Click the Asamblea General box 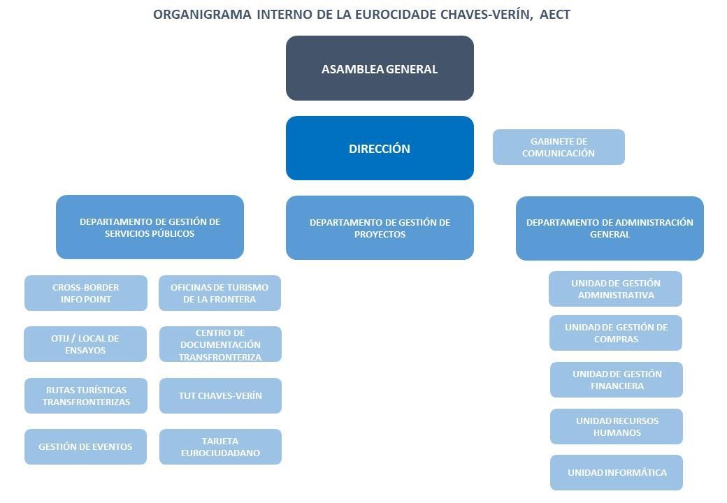tap(380, 68)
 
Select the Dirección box tap(380, 148)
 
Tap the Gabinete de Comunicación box tap(558, 147)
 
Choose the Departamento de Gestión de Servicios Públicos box tap(150, 227)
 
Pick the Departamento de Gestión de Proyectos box tap(380, 228)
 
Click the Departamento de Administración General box tap(610, 228)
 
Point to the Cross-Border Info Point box tap(85, 293)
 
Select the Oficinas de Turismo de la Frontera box tap(219, 293)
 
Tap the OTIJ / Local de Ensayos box tap(85, 344)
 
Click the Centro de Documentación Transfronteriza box tap(220, 344)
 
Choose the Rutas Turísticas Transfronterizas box tap(86, 395)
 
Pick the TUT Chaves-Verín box tap(220, 395)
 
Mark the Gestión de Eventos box tap(85, 446)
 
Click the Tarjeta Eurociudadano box tap(220, 446)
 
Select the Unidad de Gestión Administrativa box tap(615, 289)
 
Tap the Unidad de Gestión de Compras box tap(616, 333)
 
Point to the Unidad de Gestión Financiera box tap(617, 379)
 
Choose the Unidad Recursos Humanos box tap(617, 426)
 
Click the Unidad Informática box tap(617, 472)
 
